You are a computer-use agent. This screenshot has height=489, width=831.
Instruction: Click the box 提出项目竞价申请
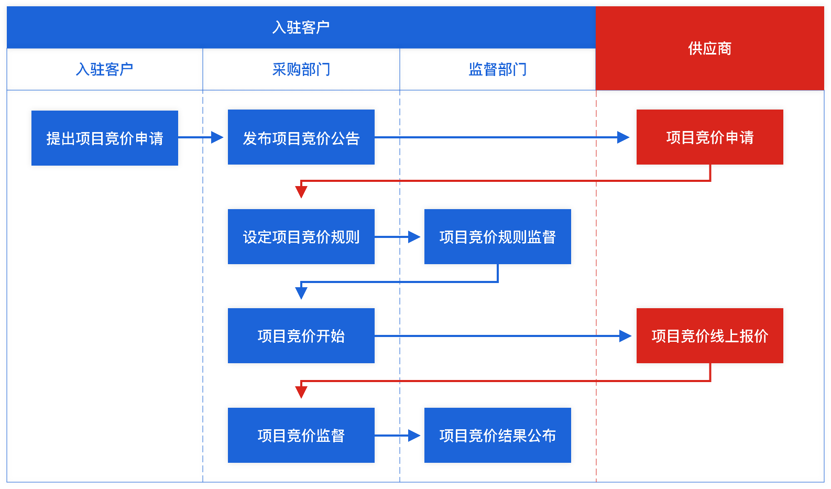[104, 138]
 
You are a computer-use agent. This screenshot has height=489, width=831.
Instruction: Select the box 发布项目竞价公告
[301, 137]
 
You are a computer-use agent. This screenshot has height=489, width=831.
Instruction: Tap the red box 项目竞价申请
[709, 137]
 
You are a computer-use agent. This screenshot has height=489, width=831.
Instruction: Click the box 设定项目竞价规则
[301, 236]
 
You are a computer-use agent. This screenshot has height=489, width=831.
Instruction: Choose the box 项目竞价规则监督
[497, 236]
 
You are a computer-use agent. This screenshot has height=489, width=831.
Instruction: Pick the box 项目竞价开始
[301, 335]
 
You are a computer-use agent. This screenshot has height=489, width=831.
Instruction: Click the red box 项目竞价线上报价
[709, 335]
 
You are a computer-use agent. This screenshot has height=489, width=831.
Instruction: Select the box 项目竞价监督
[301, 435]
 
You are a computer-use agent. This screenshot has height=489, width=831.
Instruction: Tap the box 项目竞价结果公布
[497, 435]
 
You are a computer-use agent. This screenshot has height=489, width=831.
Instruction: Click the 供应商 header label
[709, 48]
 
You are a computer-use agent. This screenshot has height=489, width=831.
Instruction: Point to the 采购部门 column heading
[301, 69]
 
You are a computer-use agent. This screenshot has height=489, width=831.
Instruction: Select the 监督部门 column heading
[497, 69]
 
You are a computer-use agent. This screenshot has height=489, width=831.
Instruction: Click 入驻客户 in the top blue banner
[301, 27]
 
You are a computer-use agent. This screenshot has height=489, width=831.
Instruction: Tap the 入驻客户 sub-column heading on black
[104, 69]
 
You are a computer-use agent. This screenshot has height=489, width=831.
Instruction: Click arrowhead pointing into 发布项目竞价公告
[217, 137]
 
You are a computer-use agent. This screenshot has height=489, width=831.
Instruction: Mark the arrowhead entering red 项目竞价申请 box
[624, 137]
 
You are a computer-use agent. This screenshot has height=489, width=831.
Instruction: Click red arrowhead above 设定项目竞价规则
[301, 192]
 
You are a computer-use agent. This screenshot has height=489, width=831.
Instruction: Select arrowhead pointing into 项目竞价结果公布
[414, 435]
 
